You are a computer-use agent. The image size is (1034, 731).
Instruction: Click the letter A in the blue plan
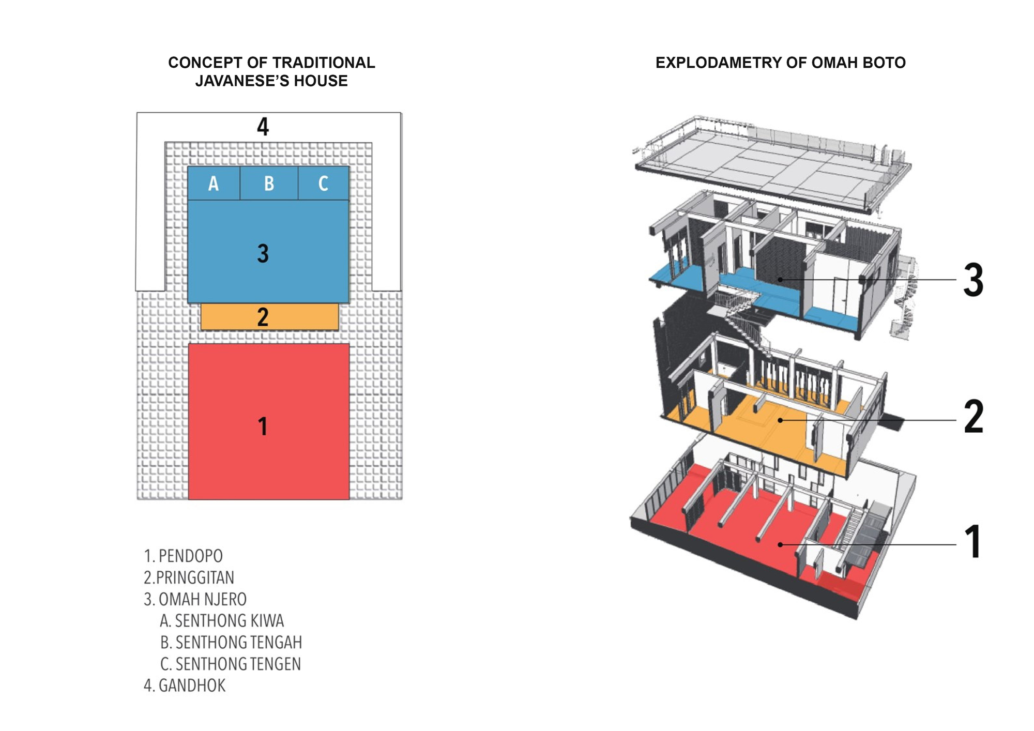point(214,184)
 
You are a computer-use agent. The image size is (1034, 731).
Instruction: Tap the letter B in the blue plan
point(269,184)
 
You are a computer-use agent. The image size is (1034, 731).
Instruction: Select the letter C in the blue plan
point(323,184)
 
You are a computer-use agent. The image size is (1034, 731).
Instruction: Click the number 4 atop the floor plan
point(263,127)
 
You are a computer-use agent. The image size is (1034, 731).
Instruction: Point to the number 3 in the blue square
point(263,253)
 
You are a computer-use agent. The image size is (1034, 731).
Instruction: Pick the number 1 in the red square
point(263,427)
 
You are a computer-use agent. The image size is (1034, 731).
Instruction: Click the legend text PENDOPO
point(190,556)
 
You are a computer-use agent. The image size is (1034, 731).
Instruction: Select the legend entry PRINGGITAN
point(195,577)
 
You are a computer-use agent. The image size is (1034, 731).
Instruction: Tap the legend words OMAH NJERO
point(202,599)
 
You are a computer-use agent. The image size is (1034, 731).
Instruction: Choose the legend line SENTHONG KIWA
point(229,620)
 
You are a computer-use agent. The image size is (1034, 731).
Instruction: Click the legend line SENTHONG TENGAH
point(238,642)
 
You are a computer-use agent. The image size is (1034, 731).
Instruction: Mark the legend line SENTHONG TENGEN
point(238,664)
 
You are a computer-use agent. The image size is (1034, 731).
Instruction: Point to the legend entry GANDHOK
point(192,686)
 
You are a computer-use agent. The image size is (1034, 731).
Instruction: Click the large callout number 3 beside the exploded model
point(973,280)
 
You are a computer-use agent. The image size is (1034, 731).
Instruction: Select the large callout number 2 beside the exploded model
point(973,416)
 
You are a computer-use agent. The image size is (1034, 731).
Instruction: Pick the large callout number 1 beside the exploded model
point(973,542)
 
